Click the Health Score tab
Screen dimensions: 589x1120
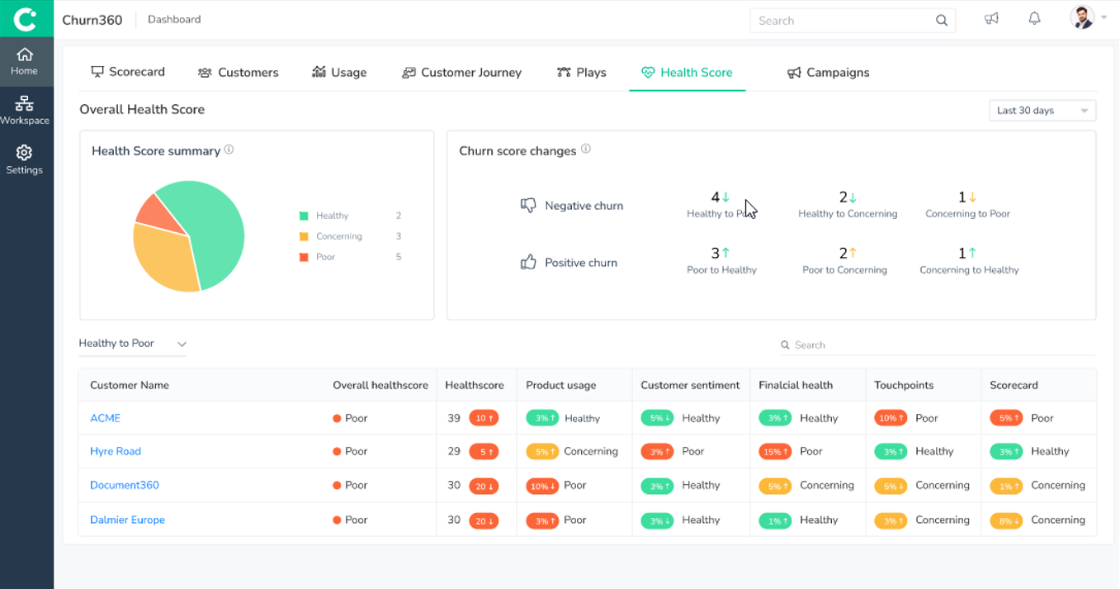[688, 73]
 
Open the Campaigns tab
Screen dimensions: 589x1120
[828, 73]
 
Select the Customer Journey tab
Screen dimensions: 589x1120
[461, 73]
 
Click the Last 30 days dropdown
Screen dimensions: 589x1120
[1042, 111]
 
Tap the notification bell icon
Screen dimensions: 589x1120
[1034, 19]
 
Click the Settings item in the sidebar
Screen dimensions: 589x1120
[24, 159]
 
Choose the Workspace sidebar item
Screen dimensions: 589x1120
[24, 110]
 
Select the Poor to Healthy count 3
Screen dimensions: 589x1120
[716, 253]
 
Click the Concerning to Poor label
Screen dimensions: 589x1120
[967, 214]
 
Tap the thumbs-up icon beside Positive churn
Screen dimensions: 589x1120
[528, 263]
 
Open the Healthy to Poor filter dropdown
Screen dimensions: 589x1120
[132, 344]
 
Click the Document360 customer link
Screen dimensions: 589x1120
[125, 485]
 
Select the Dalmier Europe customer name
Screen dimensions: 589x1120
[127, 520]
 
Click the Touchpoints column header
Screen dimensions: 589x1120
[904, 385]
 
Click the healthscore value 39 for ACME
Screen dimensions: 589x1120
[454, 418]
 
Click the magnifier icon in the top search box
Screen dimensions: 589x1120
[942, 21]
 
